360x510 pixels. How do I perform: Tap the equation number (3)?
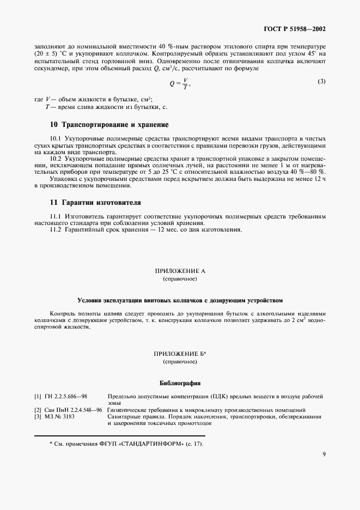(x=321, y=82)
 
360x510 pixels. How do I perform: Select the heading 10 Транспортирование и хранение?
(x=109, y=125)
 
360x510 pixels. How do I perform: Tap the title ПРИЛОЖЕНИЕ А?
(x=180, y=271)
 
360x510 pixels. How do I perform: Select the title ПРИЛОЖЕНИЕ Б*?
(x=180, y=354)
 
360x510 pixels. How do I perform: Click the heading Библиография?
(x=180, y=382)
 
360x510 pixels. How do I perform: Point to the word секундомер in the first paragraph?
(x=50, y=69)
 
